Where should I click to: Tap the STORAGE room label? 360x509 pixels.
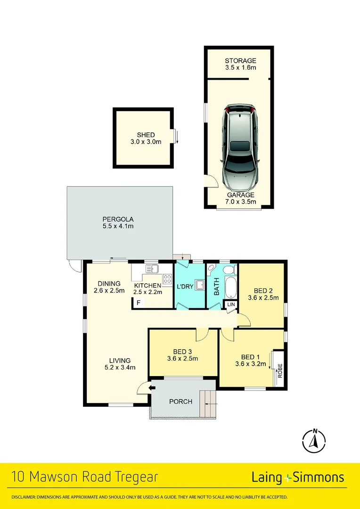[240, 61]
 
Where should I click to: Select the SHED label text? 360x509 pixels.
[146, 135]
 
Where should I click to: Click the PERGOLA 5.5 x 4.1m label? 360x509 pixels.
[119, 222]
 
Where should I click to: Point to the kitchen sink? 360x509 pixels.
[152, 269]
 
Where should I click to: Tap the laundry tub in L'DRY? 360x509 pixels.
[200, 285]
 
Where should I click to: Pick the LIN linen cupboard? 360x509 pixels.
[231, 305]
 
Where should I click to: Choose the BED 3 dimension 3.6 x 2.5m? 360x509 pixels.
[182, 358]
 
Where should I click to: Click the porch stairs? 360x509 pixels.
[207, 404]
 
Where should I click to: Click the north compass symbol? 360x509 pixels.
[314, 441]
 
